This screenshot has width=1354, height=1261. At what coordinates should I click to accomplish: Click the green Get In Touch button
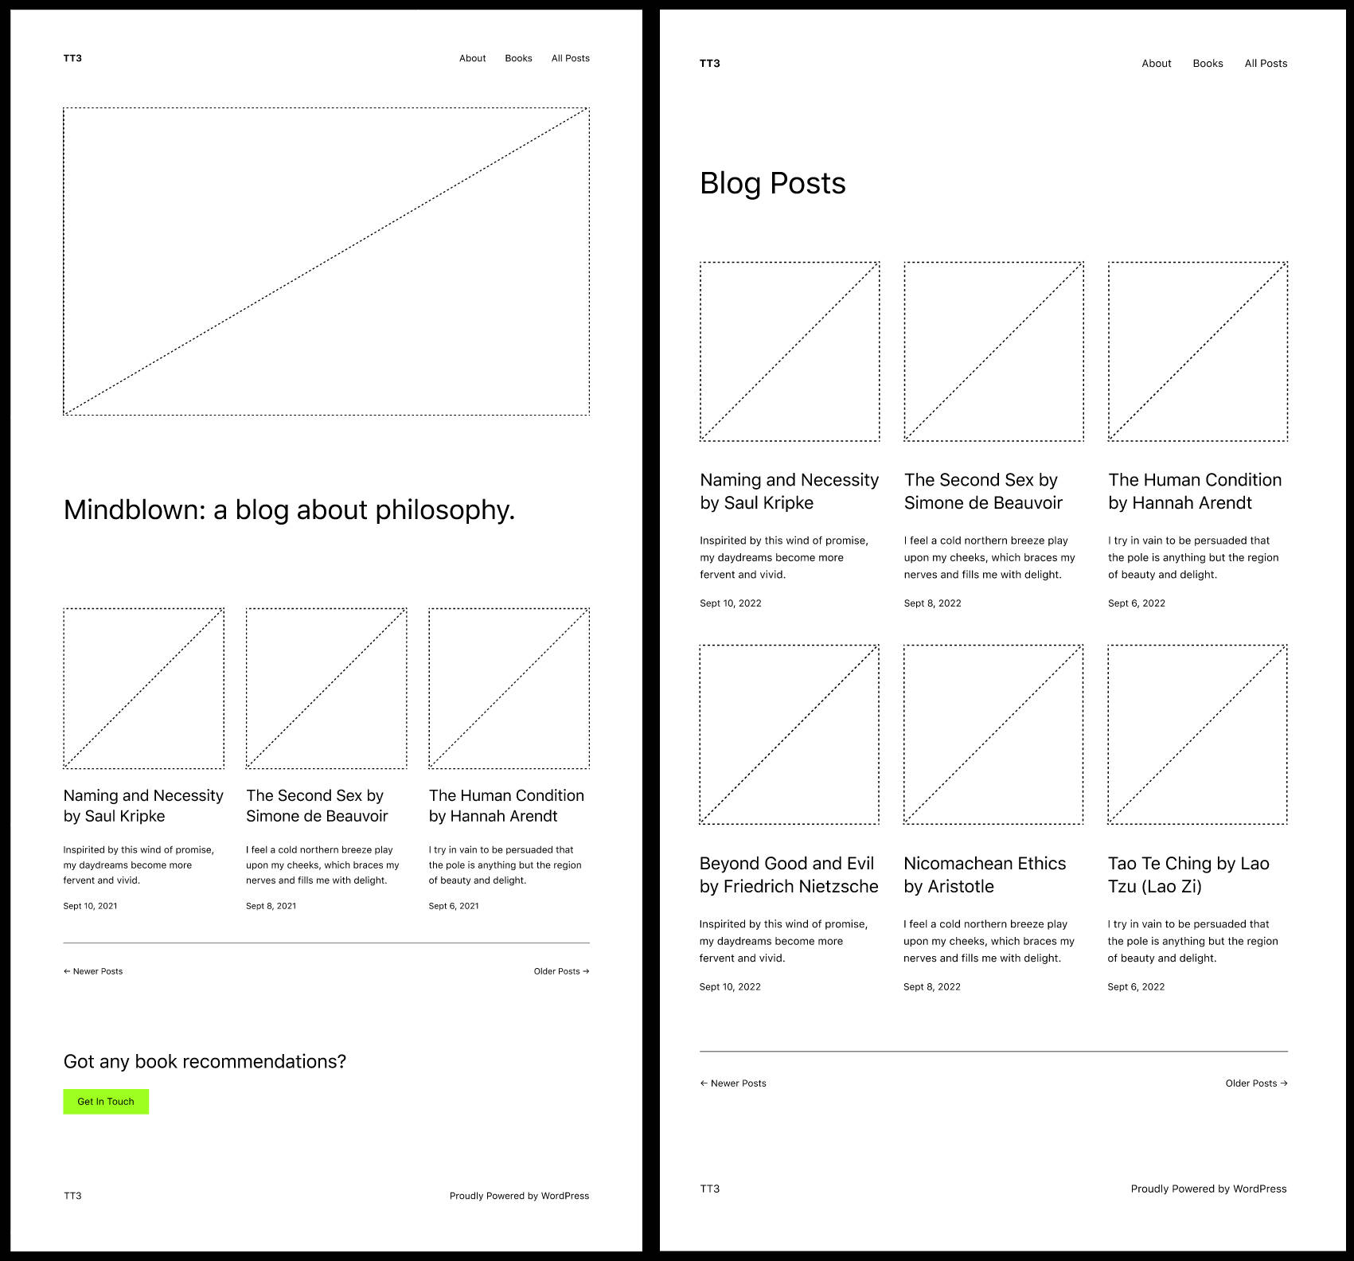[x=106, y=1102]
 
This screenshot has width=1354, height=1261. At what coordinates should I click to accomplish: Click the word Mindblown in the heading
[x=135, y=509]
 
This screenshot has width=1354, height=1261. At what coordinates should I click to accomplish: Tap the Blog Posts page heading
[x=772, y=184]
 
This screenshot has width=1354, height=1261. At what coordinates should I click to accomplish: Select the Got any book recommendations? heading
[x=205, y=1062]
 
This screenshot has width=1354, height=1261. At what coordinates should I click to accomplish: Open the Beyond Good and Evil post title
[x=789, y=875]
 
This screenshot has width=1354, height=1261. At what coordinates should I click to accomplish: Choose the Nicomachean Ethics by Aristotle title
[x=985, y=875]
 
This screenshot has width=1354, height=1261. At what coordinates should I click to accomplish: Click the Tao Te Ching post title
[x=1188, y=875]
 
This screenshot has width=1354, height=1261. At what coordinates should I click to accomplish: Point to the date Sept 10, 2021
[x=90, y=906]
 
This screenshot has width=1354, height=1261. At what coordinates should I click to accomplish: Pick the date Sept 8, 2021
[x=271, y=906]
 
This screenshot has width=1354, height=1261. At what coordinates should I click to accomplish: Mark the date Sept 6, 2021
[x=454, y=906]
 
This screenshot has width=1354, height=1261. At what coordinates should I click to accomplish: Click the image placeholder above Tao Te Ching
[x=1197, y=734]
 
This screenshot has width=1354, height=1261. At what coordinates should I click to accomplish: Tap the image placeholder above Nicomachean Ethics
[x=993, y=734]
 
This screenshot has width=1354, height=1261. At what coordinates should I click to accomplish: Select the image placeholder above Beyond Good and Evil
[x=789, y=734]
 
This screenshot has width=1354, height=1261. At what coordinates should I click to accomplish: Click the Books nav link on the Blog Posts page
[x=1208, y=64]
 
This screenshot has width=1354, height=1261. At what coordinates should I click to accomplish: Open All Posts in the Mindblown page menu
[x=571, y=58]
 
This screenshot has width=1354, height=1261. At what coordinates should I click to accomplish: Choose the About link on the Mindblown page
[x=472, y=58]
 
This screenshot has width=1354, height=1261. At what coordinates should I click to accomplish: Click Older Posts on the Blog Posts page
[x=1256, y=1083]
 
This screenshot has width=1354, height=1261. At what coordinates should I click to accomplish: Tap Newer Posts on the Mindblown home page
[x=93, y=971]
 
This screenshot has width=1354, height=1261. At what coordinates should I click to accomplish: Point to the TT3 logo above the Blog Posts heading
[x=709, y=64]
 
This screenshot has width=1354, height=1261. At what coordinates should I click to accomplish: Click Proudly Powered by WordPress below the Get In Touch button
[x=519, y=1196]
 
